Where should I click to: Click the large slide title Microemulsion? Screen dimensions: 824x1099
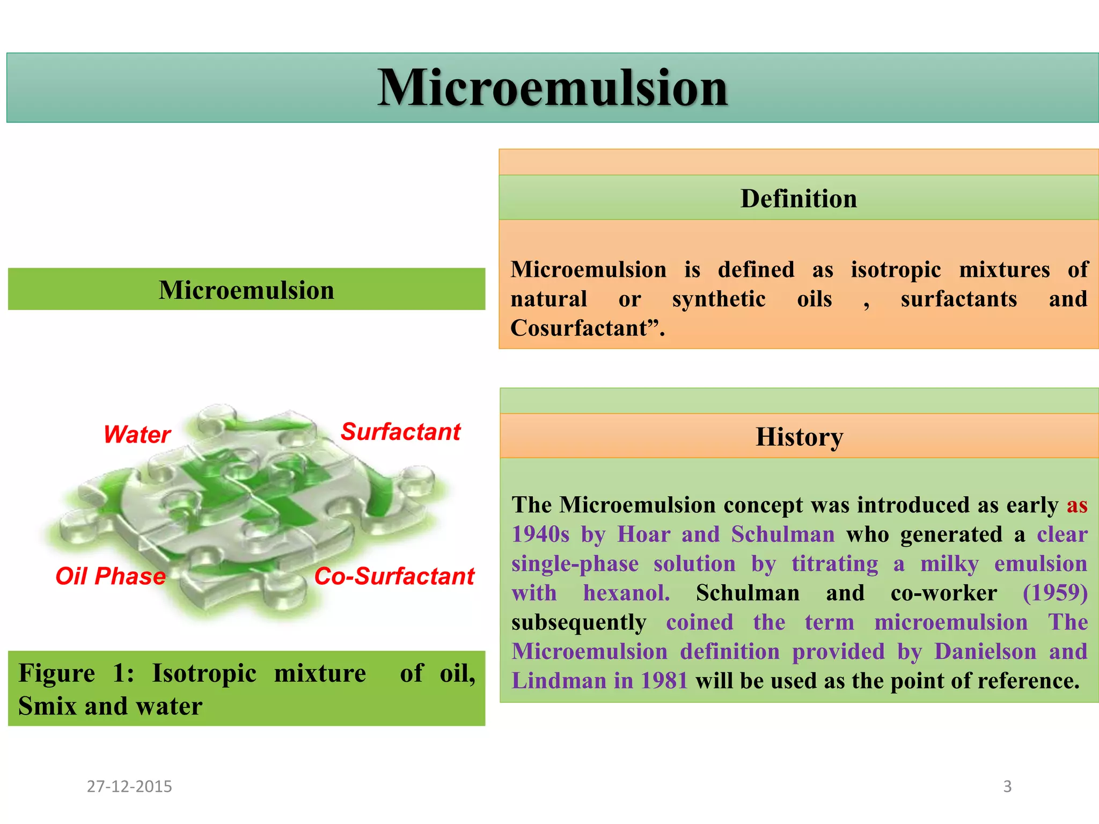click(x=552, y=87)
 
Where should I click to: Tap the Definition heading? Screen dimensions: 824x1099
click(x=798, y=198)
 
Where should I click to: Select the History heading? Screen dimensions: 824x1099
click(x=799, y=437)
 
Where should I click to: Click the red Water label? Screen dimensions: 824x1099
click(x=137, y=434)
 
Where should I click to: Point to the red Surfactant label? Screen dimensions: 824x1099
click(x=401, y=431)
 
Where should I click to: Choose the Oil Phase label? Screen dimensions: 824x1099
click(x=111, y=576)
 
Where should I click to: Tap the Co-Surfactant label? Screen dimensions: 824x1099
click(x=394, y=576)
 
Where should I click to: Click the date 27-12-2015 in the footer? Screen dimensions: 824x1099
click(x=129, y=786)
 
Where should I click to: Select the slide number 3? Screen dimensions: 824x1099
click(x=1007, y=786)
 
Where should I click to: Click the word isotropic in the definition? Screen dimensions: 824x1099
click(x=896, y=270)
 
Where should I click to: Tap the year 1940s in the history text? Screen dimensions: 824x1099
click(x=540, y=534)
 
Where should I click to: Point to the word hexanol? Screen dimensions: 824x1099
click(x=626, y=593)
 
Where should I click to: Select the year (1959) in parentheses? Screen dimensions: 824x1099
click(x=1055, y=593)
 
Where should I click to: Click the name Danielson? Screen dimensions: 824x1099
click(x=985, y=651)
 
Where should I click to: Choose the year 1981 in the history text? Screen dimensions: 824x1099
click(x=664, y=681)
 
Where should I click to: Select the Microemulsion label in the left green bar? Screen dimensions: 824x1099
click(x=246, y=290)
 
